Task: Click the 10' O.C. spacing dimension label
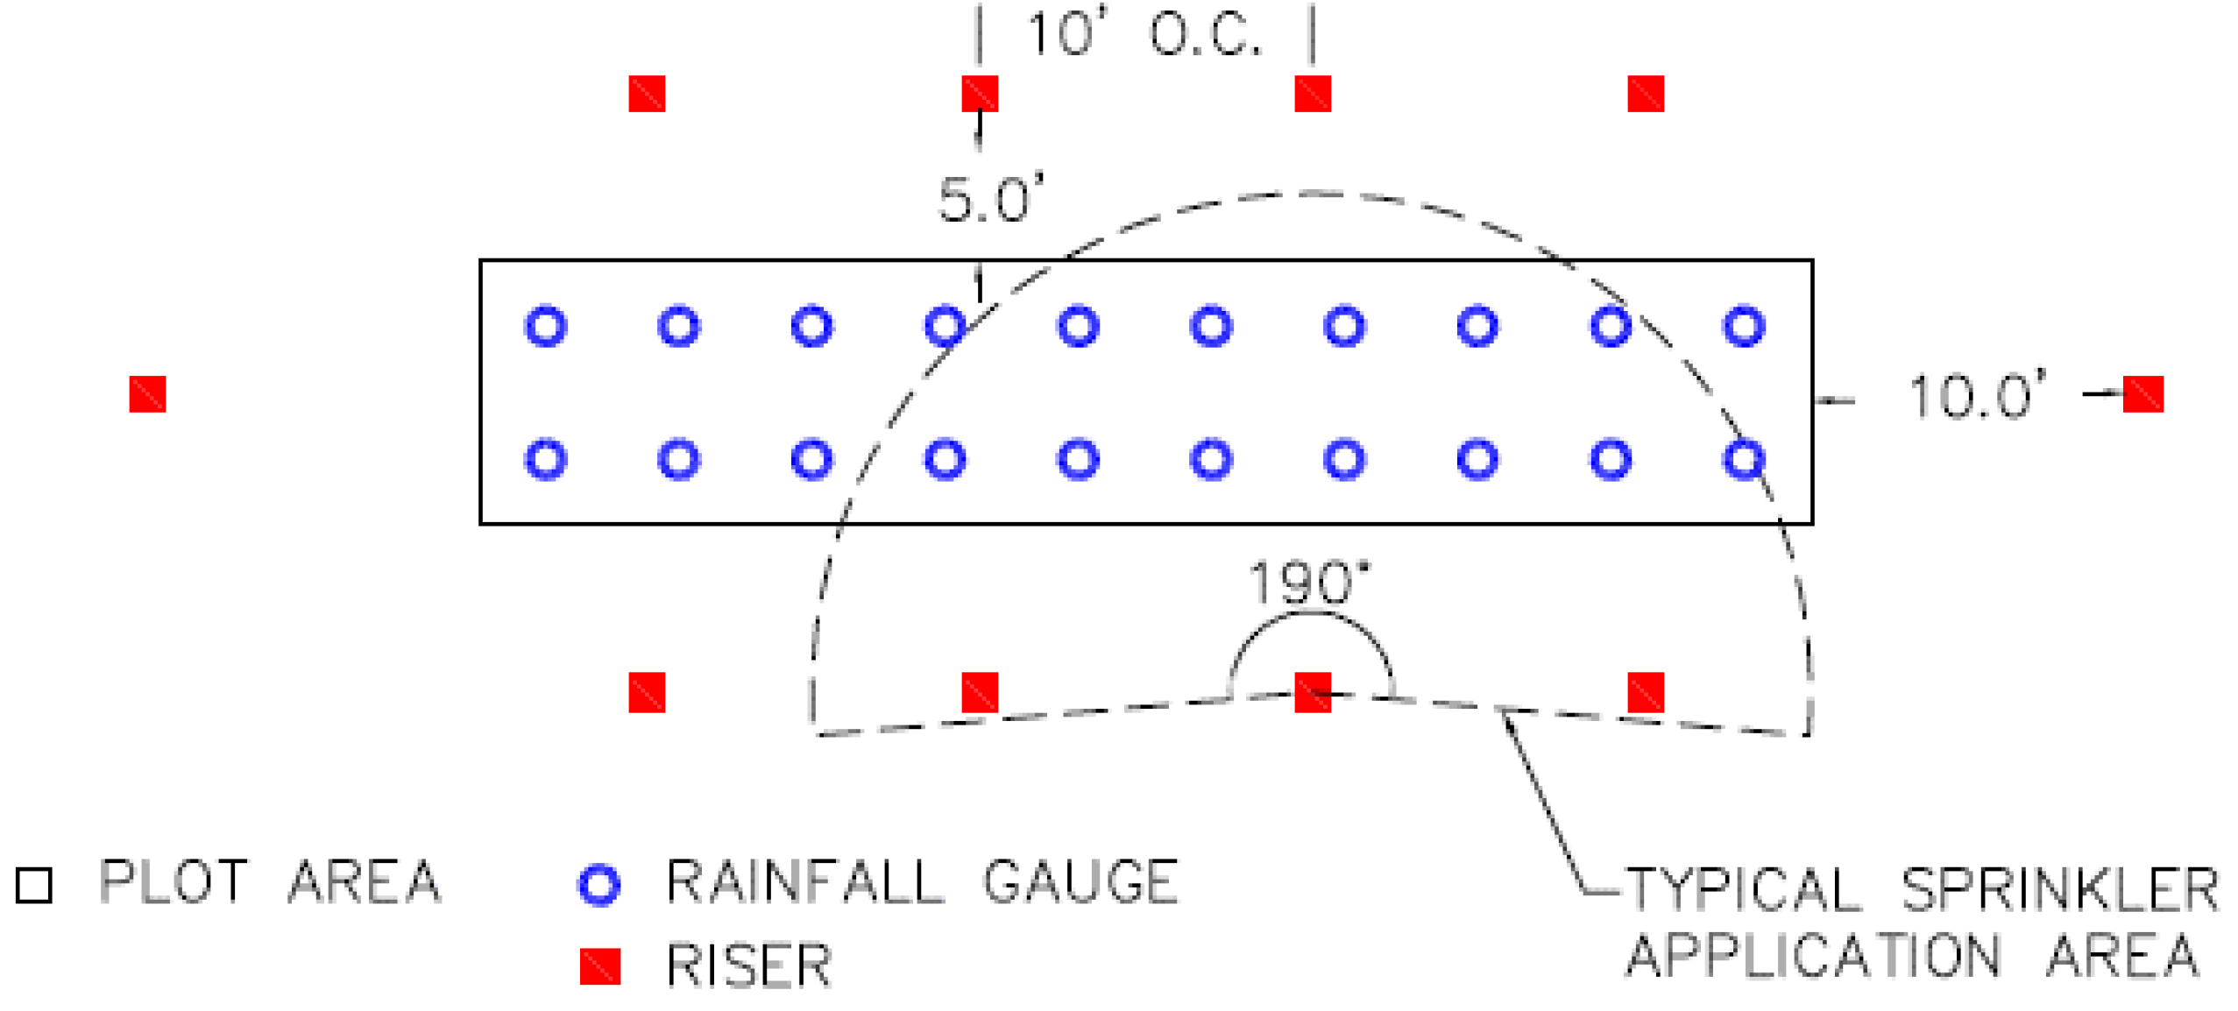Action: (x=1144, y=35)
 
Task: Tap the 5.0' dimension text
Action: (x=990, y=200)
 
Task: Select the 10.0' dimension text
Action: (x=1976, y=397)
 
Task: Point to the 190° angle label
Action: (x=1307, y=583)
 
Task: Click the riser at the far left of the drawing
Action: (x=147, y=394)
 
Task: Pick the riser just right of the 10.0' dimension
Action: (x=2142, y=394)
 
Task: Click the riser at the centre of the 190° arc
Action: (x=1312, y=692)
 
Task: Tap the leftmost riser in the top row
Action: (x=647, y=94)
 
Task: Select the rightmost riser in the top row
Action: (x=1645, y=94)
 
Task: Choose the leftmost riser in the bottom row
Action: (x=647, y=692)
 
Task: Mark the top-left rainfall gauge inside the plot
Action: (x=546, y=327)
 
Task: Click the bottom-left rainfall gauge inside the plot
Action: (x=546, y=459)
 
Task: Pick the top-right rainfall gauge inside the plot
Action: (x=1743, y=327)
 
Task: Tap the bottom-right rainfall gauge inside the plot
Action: (x=1743, y=459)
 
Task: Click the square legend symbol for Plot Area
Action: (x=34, y=885)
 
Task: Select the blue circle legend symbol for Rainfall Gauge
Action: (x=599, y=885)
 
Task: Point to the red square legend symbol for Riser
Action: (x=599, y=966)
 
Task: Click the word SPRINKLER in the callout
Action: (x=2059, y=890)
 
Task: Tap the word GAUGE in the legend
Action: (x=1080, y=881)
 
